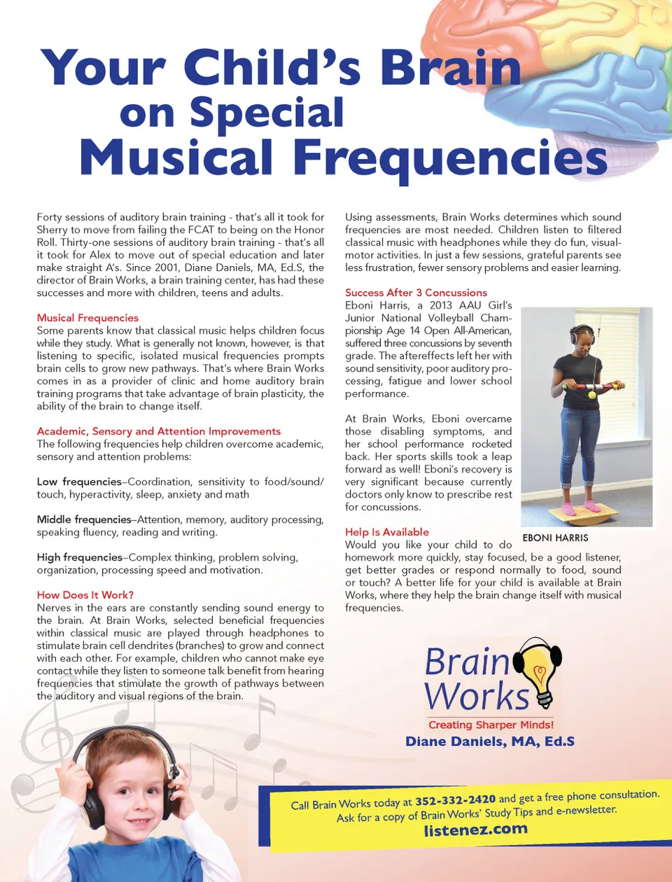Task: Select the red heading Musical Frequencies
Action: point(87,318)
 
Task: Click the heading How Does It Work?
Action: point(85,595)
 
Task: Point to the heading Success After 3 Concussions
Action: point(416,293)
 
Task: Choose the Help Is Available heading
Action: point(386,532)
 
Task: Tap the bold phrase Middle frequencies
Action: point(84,519)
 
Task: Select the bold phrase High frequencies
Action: point(80,557)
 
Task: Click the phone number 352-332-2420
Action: point(455,799)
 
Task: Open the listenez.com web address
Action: point(475,830)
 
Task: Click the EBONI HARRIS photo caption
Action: point(555,538)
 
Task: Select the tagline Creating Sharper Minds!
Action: point(491,725)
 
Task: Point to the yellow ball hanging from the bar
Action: point(591,395)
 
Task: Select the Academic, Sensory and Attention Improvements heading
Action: point(158,431)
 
